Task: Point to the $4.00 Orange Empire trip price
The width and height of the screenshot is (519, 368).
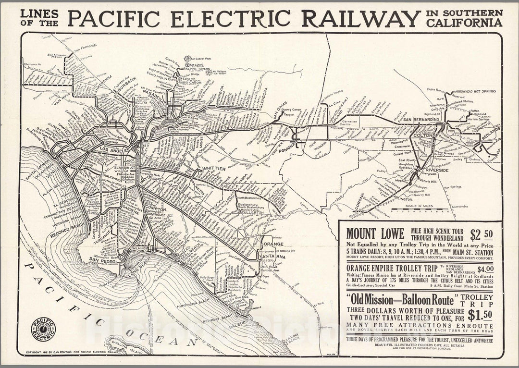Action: click(x=485, y=269)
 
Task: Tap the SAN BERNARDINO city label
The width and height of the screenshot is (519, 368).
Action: click(x=421, y=119)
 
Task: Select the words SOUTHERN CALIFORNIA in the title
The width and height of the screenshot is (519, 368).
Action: click(x=464, y=17)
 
